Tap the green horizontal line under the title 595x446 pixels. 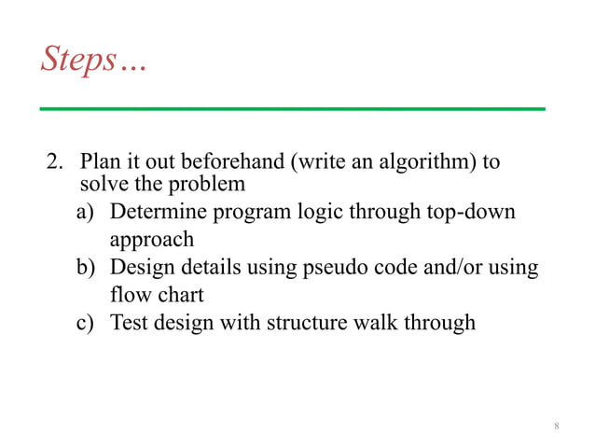(291, 109)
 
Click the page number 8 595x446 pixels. (557, 426)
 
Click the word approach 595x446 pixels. (152, 239)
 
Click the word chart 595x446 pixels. (179, 295)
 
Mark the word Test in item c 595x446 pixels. (128, 324)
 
